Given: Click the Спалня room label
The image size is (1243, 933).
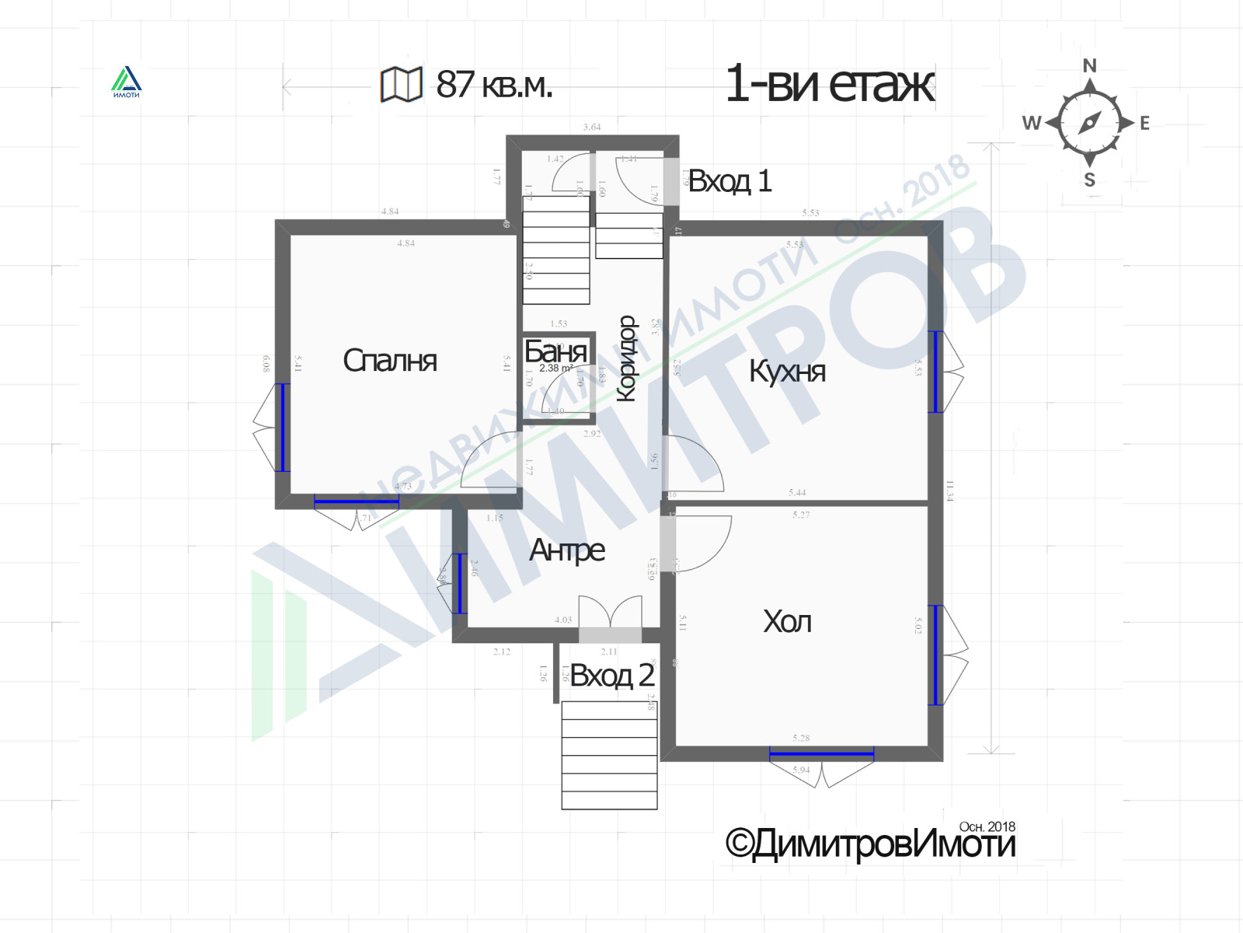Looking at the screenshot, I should [390, 361].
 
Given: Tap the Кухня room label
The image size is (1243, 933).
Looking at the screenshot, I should [787, 371].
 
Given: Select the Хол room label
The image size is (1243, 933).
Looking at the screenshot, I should [787, 622].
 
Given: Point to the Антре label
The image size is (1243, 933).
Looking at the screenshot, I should [566, 550].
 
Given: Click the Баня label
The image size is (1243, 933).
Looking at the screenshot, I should [555, 351].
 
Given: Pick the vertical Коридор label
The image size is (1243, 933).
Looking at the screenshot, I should [626, 358].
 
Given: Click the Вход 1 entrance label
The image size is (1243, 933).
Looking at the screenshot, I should [729, 181].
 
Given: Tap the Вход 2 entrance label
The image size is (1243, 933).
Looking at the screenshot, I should [612, 676].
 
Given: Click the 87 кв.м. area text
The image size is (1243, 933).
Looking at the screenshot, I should [494, 85].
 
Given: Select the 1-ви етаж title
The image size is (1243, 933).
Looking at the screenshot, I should [829, 84].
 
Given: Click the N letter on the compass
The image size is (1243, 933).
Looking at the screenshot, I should [1090, 66].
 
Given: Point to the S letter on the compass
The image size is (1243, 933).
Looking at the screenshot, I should [1090, 180].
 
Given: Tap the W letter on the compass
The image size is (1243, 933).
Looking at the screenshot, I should [1031, 123].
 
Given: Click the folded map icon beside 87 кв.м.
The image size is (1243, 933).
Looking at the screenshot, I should [401, 84].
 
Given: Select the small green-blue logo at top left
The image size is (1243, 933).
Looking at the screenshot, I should [126, 82].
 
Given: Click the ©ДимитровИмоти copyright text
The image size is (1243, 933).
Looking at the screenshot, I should [869, 844].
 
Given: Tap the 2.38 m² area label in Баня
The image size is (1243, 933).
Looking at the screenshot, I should [555, 369].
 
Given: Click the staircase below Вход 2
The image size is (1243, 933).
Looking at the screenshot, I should [609, 755].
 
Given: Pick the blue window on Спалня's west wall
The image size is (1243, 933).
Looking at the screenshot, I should [283, 427].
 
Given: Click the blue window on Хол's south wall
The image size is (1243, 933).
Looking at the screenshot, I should [821, 753].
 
